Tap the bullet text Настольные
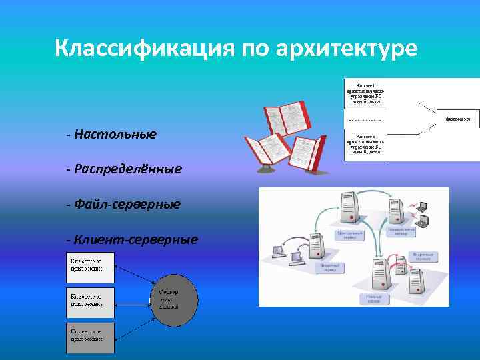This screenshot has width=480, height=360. click(x=115, y=135)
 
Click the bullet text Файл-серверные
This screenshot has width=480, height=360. click(x=127, y=204)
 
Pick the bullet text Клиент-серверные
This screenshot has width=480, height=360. click(x=136, y=239)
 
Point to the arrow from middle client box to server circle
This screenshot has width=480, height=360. click(x=133, y=302)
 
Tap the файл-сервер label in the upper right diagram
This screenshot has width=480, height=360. click(x=458, y=119)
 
